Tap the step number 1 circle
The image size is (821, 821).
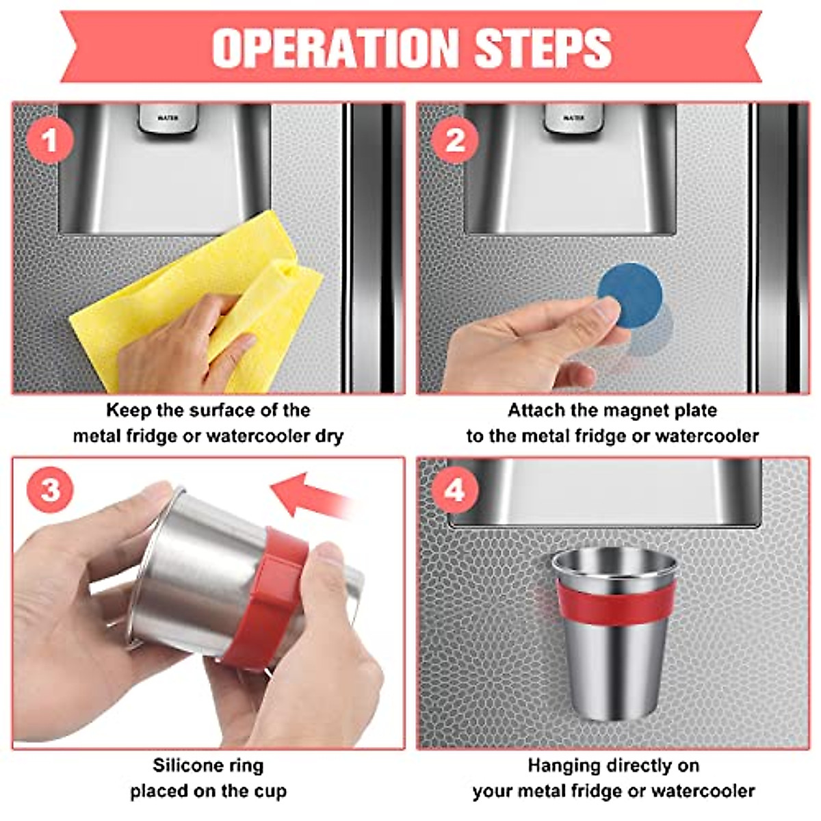(50, 142)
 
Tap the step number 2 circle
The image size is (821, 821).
(455, 142)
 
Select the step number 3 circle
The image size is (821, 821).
(50, 491)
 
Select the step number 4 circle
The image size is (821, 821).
(455, 491)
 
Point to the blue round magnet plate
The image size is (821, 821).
(630, 294)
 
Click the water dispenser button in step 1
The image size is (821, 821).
(168, 118)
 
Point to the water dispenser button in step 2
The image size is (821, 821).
(573, 118)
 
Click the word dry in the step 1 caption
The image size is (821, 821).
(329, 436)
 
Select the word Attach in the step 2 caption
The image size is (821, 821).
(537, 410)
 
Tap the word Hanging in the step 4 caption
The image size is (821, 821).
(563, 765)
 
